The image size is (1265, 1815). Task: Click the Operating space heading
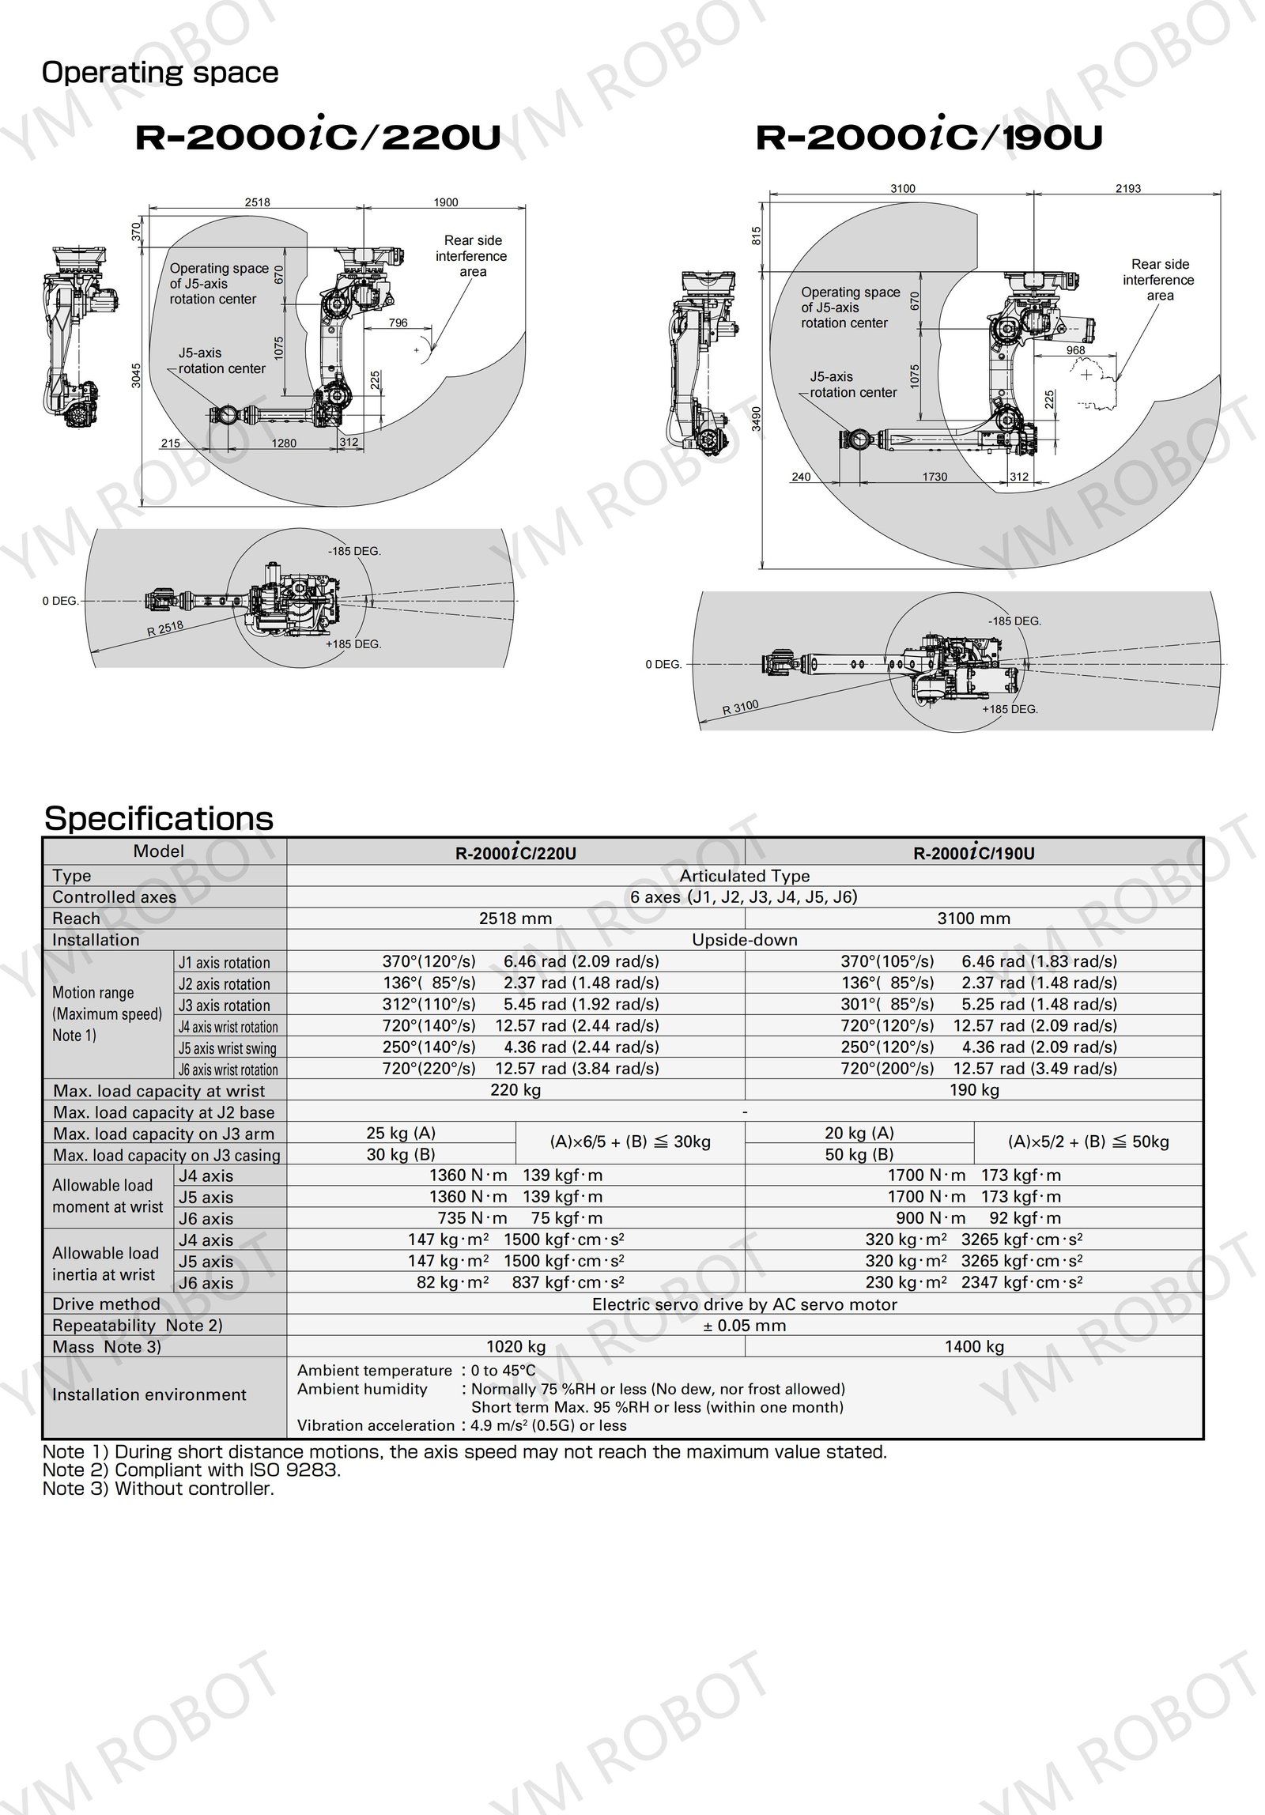click(x=160, y=73)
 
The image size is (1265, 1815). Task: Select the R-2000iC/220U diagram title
click(x=318, y=138)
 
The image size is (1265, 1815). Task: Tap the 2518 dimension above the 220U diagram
click(x=257, y=202)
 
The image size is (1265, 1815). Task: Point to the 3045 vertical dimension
click(x=136, y=375)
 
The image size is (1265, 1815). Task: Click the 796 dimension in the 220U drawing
click(x=398, y=323)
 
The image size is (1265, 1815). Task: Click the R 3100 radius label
click(x=740, y=708)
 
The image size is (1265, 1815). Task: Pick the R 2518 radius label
click(x=164, y=629)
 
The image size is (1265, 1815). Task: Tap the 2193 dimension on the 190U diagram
click(x=1128, y=189)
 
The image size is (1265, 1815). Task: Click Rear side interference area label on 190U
click(x=1160, y=280)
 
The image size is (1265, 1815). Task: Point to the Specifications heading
click(x=159, y=818)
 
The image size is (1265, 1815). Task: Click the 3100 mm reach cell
click(x=973, y=919)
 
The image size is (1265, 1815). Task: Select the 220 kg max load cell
click(x=515, y=1090)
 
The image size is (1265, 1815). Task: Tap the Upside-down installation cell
click(x=744, y=940)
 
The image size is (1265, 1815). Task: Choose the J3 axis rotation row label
click(x=225, y=1006)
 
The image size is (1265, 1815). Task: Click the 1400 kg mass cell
click(x=973, y=1346)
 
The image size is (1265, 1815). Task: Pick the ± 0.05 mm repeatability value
click(x=744, y=1326)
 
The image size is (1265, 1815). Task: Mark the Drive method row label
click(x=106, y=1304)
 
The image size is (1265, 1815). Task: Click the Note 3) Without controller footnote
click(x=158, y=1489)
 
